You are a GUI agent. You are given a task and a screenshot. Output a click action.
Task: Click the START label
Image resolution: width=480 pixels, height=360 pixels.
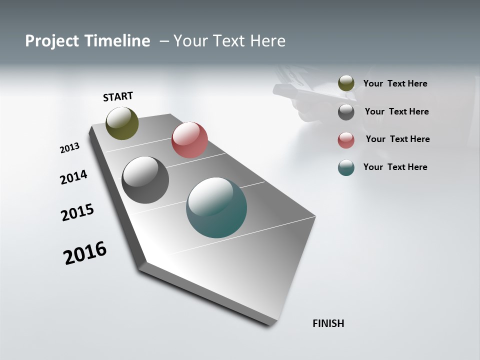pos(118,96)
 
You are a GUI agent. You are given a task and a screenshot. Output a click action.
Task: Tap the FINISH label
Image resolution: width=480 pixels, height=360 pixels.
pos(328,323)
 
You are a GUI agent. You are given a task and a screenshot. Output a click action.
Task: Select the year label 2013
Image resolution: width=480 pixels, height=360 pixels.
pos(69,148)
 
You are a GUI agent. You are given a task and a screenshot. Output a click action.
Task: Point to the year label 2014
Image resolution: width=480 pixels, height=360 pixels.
pos(73,177)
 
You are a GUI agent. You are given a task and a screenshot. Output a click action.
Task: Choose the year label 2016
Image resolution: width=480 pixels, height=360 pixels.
pos(85,253)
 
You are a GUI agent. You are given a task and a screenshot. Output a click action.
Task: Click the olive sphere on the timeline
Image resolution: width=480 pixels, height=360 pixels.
pos(122,123)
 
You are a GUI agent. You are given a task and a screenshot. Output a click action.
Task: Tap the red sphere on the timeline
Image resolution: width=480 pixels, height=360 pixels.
pos(189,140)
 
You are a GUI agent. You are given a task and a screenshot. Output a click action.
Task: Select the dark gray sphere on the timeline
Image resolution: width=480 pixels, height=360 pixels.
pos(145,180)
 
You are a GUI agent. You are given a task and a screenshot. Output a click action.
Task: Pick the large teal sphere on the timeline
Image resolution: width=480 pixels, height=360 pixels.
pos(216,207)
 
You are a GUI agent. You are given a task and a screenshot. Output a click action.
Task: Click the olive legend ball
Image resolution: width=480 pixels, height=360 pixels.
pos(346,83)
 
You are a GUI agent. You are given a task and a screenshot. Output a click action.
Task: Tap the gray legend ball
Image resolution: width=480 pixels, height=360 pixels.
pos(346,112)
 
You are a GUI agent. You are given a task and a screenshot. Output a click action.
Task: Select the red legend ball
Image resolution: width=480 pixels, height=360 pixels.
pos(346,140)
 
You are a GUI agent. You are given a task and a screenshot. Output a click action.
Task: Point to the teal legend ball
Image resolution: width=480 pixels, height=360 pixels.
pos(346,167)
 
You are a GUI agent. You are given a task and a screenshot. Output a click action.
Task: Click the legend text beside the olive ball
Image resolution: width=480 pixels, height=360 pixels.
pos(395,83)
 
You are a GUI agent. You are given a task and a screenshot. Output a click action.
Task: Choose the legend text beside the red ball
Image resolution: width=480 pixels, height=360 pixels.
pos(397,139)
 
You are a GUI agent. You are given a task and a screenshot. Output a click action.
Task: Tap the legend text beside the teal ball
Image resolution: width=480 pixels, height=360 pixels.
pos(395,167)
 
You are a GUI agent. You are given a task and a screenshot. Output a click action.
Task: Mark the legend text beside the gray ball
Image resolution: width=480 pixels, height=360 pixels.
pos(396,111)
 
